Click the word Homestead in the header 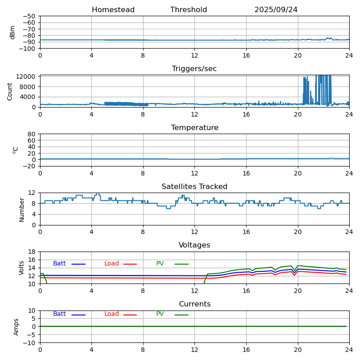(x=113, y=10)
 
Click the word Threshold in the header (x=189, y=10)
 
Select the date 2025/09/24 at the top (x=276, y=10)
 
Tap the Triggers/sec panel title (x=194, y=69)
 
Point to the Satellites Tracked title (x=194, y=187)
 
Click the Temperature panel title (x=194, y=128)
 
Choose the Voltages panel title (x=194, y=245)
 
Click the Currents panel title (x=194, y=304)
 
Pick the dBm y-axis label (x=13, y=32)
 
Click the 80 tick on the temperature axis (x=32, y=134)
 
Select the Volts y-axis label (x=22, y=267)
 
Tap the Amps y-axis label (x=17, y=327)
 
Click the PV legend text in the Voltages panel (x=160, y=264)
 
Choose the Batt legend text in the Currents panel (x=59, y=314)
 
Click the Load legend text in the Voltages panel (x=112, y=264)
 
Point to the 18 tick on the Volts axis (x=32, y=252)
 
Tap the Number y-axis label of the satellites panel (x=22, y=209)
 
